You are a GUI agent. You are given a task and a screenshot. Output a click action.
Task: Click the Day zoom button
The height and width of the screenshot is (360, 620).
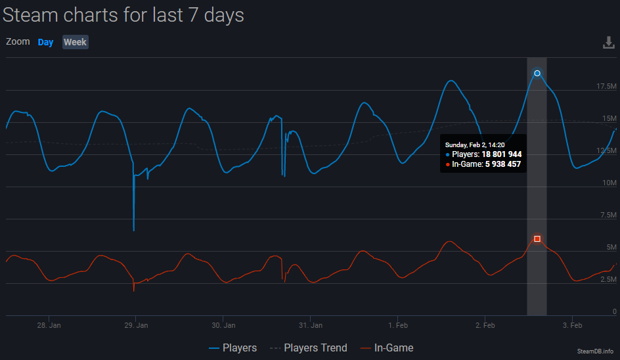tap(45, 42)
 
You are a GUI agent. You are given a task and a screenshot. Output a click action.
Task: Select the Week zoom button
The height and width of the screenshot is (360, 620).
tap(75, 42)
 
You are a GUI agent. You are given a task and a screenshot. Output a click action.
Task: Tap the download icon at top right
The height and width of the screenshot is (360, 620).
tap(609, 43)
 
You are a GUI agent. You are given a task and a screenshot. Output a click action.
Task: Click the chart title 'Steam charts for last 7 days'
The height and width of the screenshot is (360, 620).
tap(123, 15)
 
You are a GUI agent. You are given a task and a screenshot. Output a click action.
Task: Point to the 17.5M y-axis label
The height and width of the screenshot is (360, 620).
tap(606, 87)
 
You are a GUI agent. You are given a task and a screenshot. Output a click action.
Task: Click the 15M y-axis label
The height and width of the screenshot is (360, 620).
tap(609, 119)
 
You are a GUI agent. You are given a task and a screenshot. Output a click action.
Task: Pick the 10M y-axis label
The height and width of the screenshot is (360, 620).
tap(609, 183)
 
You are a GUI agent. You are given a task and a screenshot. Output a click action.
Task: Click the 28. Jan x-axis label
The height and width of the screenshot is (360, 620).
tap(49, 325)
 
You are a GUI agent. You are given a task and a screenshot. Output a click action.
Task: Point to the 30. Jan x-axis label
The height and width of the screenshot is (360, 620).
tap(224, 325)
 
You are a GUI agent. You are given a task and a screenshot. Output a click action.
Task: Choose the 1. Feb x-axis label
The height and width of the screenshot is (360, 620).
tap(398, 325)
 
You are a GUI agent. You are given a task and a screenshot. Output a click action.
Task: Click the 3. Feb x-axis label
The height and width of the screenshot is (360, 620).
tap(573, 325)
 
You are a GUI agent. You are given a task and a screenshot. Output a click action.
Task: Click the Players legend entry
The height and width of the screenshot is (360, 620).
tap(233, 348)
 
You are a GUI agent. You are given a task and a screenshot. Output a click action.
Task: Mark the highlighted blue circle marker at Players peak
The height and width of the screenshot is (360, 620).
tap(537, 73)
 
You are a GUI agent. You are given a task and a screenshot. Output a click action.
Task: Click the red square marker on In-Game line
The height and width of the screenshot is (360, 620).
tap(537, 238)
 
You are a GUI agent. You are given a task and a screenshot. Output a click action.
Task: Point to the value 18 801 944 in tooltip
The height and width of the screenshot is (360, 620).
tap(502, 154)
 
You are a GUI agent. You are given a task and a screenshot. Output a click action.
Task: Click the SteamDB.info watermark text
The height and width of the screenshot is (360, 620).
tap(595, 351)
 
